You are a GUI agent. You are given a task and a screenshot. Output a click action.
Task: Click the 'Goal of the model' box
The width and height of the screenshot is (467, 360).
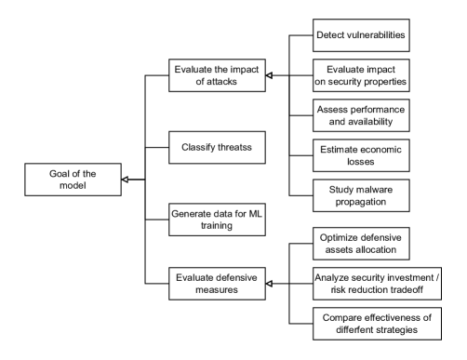click(x=73, y=180)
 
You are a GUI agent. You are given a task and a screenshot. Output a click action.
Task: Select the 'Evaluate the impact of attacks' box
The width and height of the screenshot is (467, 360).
click(x=217, y=75)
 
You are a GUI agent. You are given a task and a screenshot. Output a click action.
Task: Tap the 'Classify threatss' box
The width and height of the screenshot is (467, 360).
click(x=217, y=148)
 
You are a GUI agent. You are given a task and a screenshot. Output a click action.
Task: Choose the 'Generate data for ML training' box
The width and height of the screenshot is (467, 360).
click(x=217, y=220)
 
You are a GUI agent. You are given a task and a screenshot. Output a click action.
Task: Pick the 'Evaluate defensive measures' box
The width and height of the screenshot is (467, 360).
click(x=217, y=284)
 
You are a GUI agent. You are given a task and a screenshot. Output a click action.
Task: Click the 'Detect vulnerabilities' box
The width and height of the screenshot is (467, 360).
click(x=361, y=35)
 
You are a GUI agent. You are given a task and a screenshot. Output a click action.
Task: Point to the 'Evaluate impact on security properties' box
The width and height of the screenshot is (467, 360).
click(x=361, y=75)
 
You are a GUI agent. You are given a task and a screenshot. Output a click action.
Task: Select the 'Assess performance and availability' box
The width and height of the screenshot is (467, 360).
click(x=361, y=115)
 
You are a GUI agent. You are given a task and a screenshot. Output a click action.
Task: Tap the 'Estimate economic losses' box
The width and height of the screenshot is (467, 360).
click(x=361, y=155)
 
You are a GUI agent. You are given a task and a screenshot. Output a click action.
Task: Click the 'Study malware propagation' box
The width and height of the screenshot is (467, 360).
click(x=361, y=195)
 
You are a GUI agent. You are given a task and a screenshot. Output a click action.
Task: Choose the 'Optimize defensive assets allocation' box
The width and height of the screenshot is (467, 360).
click(x=361, y=244)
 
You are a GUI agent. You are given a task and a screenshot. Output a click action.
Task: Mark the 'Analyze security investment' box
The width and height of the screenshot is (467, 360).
click(x=377, y=284)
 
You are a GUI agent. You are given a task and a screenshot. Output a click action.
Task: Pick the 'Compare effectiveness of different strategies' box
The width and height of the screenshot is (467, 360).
click(x=377, y=324)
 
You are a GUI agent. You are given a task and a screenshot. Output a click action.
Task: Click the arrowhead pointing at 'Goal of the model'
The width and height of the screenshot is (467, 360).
click(x=125, y=180)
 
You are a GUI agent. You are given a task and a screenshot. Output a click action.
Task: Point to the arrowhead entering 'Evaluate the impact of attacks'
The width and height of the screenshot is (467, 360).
click(x=269, y=75)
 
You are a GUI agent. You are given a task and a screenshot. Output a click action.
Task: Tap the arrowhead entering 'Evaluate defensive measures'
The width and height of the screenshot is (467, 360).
click(x=269, y=284)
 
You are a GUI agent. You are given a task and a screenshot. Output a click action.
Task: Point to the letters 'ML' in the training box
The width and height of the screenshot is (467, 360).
click(x=256, y=214)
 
